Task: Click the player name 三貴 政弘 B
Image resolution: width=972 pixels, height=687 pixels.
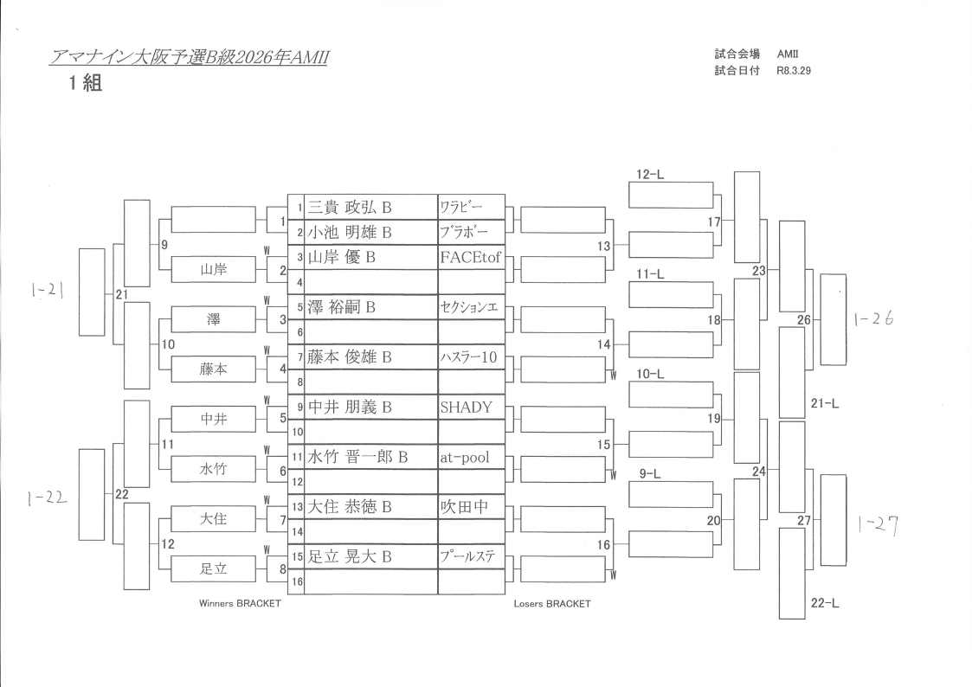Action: coord(350,208)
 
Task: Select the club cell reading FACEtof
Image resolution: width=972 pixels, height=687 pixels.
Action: coord(470,258)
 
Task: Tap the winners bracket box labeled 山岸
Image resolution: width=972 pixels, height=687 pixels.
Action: coord(213,270)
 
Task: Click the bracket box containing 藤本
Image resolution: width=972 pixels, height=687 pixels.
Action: coord(213,369)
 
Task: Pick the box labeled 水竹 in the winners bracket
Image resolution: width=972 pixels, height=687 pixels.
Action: coord(213,469)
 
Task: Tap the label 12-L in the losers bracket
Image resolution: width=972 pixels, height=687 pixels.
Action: coord(650,175)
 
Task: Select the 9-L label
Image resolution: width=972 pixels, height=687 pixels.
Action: coord(650,474)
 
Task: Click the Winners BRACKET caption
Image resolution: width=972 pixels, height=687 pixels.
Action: coord(240,604)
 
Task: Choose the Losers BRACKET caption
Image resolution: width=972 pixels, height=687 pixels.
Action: coord(552,604)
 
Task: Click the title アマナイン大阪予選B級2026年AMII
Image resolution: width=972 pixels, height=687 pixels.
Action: coord(190,58)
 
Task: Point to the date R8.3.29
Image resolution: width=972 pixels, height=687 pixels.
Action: coord(794,71)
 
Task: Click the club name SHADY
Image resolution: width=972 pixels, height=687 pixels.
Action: coord(466,408)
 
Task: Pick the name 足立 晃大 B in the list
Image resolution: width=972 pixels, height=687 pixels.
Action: coord(350,557)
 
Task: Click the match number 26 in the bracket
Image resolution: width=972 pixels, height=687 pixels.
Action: coord(804,320)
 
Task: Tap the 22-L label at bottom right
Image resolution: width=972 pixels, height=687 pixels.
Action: coord(825,603)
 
